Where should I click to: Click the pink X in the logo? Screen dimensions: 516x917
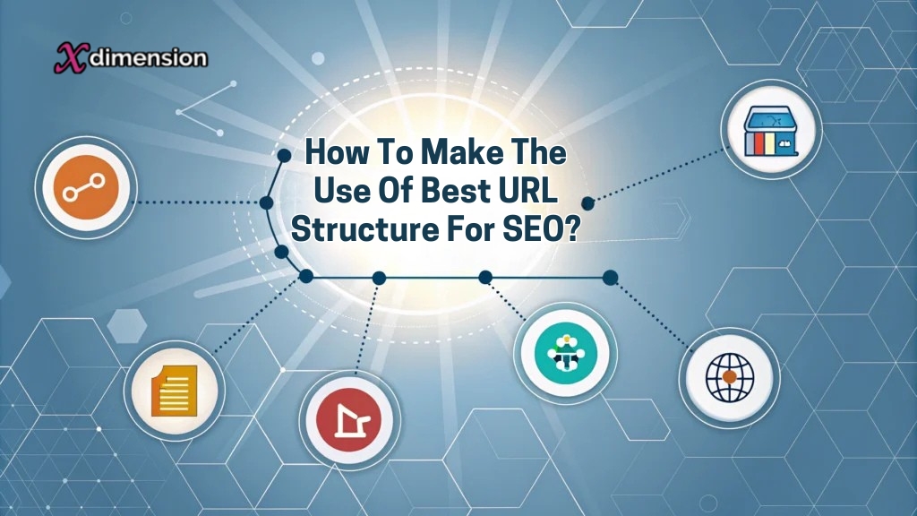[67, 58]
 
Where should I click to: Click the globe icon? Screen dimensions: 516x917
[728, 376]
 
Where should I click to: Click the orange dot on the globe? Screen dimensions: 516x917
[730, 377]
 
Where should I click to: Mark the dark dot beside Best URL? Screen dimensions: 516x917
[587, 203]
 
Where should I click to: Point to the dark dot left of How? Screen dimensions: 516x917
[284, 156]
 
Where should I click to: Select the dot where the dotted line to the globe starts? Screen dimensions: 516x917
[610, 277]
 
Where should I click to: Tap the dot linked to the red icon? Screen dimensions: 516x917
[379, 278]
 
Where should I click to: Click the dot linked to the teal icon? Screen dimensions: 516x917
[484, 277]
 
